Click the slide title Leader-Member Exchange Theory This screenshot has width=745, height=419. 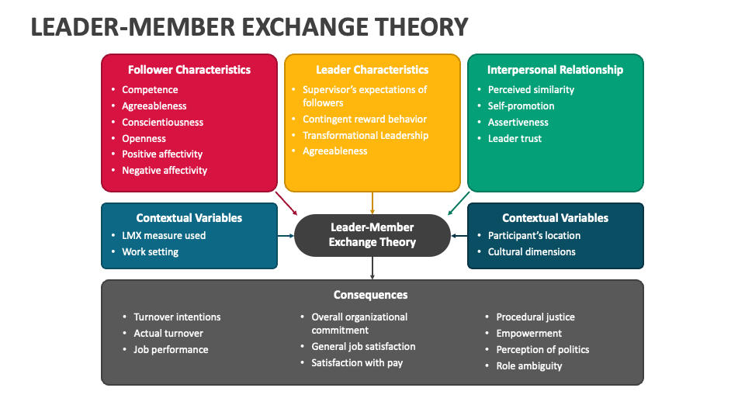249,27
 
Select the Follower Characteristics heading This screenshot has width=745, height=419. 189,70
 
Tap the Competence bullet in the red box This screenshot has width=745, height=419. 150,90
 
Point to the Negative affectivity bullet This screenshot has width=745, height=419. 165,171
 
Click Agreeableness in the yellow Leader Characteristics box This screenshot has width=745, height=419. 334,151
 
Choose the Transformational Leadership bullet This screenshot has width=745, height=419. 365,135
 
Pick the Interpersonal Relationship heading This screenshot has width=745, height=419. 555,70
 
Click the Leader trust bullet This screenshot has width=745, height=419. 515,139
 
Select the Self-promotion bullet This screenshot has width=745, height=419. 521,106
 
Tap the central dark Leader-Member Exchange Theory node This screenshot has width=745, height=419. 372,235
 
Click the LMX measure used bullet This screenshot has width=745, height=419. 164,236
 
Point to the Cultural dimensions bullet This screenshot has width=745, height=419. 532,252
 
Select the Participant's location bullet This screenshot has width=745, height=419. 534,236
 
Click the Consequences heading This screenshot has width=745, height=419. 371,295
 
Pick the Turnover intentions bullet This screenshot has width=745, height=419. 177,317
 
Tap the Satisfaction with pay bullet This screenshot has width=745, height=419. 357,363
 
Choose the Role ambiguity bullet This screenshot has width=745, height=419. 528,366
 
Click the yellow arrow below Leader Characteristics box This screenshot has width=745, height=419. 372,203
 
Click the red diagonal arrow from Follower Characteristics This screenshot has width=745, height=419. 287,204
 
